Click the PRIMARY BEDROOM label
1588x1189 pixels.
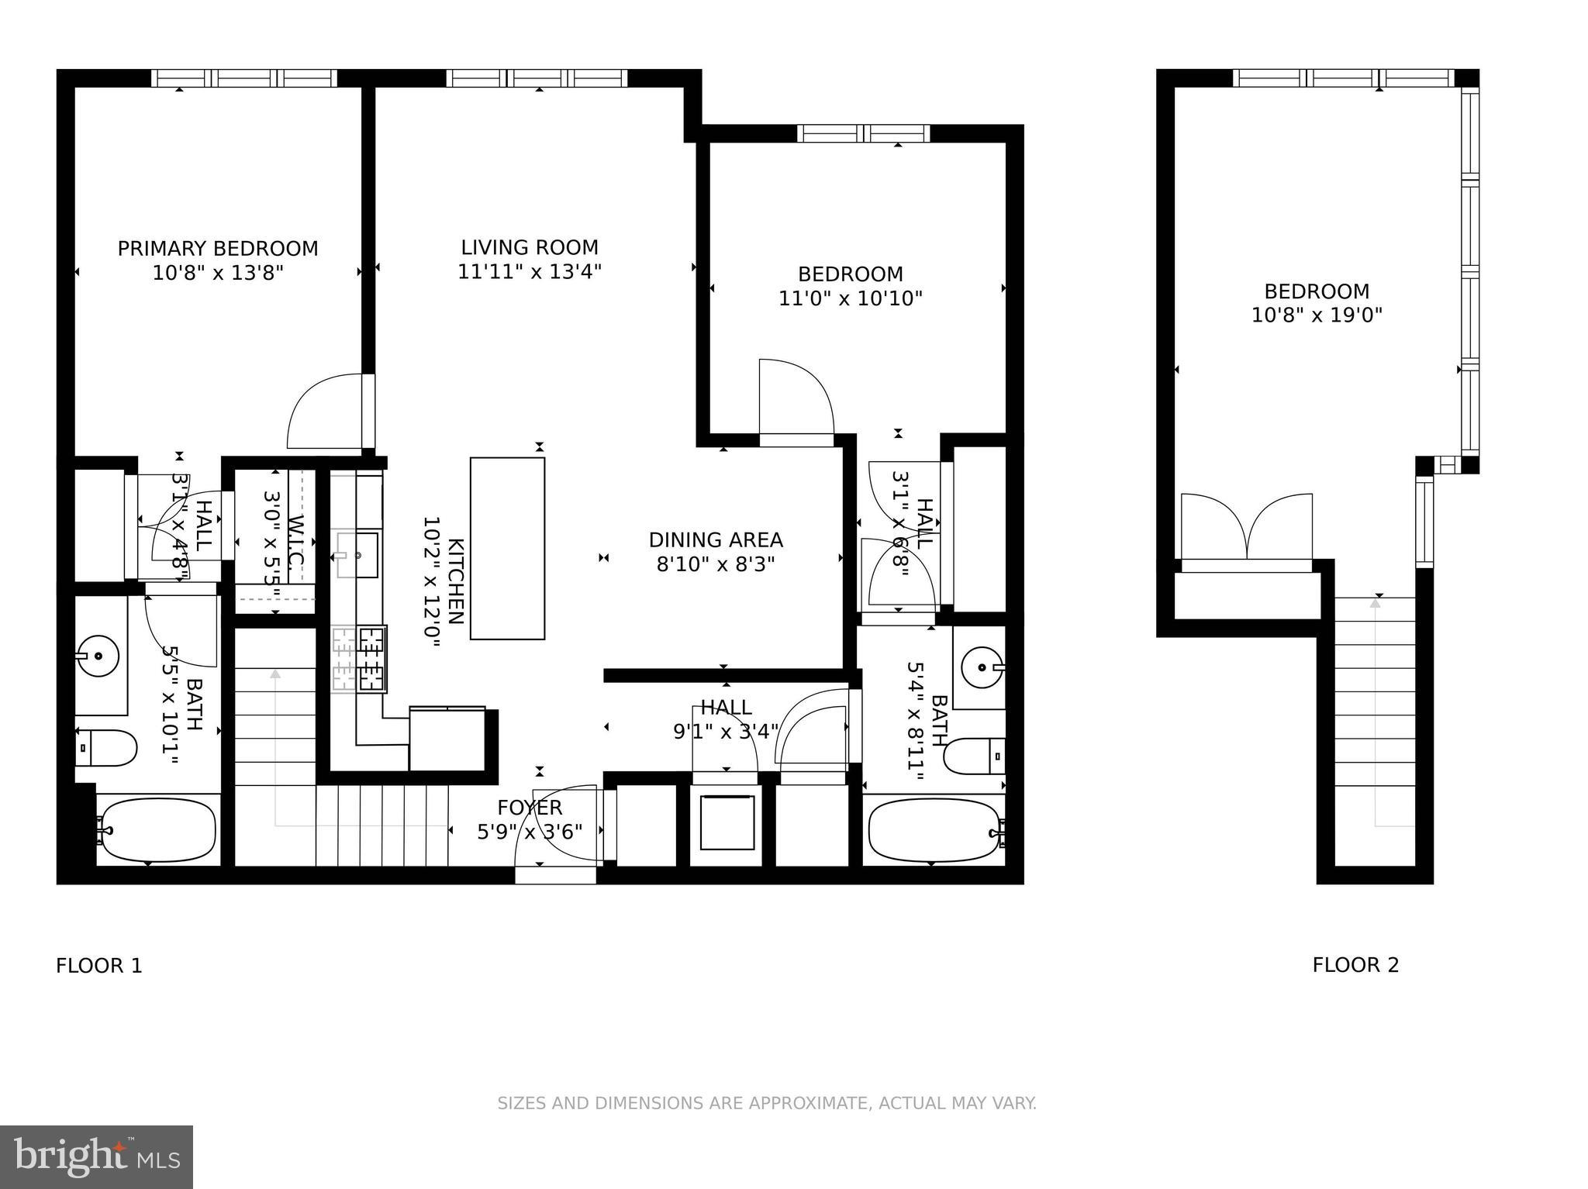pos(218,249)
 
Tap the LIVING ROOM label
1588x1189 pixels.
pos(530,248)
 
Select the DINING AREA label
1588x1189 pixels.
pos(716,540)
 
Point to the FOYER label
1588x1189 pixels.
pos(530,808)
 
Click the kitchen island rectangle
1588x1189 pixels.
pos(507,548)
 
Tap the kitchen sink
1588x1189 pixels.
pos(357,555)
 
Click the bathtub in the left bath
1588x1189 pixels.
pos(159,831)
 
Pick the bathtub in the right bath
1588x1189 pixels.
pos(935,831)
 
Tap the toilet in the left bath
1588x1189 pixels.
pos(106,748)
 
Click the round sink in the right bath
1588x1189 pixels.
pos(982,667)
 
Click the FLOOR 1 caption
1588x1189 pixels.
pos(99,966)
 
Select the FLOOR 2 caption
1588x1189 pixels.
pos(1355,965)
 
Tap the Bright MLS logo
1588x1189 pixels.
pos(97,1156)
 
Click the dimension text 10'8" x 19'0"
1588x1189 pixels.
pos(1317,315)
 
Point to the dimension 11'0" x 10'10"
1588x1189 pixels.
pos(851,298)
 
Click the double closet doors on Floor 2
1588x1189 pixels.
pos(1246,527)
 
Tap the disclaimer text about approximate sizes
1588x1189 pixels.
pos(767,1103)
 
